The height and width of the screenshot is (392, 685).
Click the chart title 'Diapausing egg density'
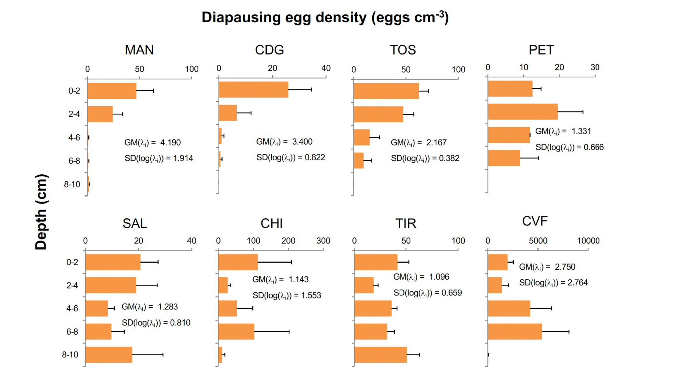coord(325,17)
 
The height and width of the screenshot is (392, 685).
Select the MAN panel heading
coord(139,50)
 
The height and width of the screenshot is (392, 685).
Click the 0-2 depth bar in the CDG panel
coord(253,90)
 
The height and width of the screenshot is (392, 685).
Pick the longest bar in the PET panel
coord(523,112)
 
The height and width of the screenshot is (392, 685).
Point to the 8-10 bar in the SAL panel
coord(109,355)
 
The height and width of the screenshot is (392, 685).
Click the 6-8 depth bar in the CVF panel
coord(515,332)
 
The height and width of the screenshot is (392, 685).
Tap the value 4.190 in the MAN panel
coord(170,143)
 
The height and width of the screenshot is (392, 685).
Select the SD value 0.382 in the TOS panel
coord(449,158)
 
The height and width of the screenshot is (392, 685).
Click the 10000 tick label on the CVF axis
coord(588,241)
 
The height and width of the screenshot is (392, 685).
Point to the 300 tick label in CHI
coord(323,241)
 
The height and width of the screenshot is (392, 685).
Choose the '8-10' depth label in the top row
coord(72,184)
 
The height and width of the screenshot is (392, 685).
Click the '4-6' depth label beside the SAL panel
coord(72,308)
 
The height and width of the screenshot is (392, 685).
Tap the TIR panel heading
coord(406,223)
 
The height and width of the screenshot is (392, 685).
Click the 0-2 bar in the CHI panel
coord(238,262)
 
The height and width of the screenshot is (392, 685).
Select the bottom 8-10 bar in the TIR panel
coord(381,355)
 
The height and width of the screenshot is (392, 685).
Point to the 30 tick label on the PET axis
coord(595,68)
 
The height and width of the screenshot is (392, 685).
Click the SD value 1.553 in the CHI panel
coord(311,296)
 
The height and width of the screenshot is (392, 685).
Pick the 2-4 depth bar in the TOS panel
coord(378,114)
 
